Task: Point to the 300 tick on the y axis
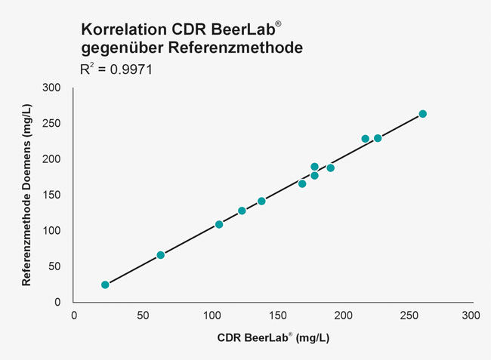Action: tap(51, 88)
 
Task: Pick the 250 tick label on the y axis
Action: tap(51, 123)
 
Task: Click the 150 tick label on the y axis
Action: tap(51, 195)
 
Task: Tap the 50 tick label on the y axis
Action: tap(54, 266)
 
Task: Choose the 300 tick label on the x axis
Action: tap(471, 314)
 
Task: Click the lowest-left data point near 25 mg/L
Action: tap(105, 285)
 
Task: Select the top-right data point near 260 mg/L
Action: tap(422, 114)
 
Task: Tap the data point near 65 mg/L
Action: tap(160, 255)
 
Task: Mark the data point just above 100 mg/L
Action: tap(219, 224)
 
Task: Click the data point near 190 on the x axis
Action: tap(330, 168)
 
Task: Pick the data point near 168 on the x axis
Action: tap(302, 183)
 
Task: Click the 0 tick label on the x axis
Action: tap(74, 314)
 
